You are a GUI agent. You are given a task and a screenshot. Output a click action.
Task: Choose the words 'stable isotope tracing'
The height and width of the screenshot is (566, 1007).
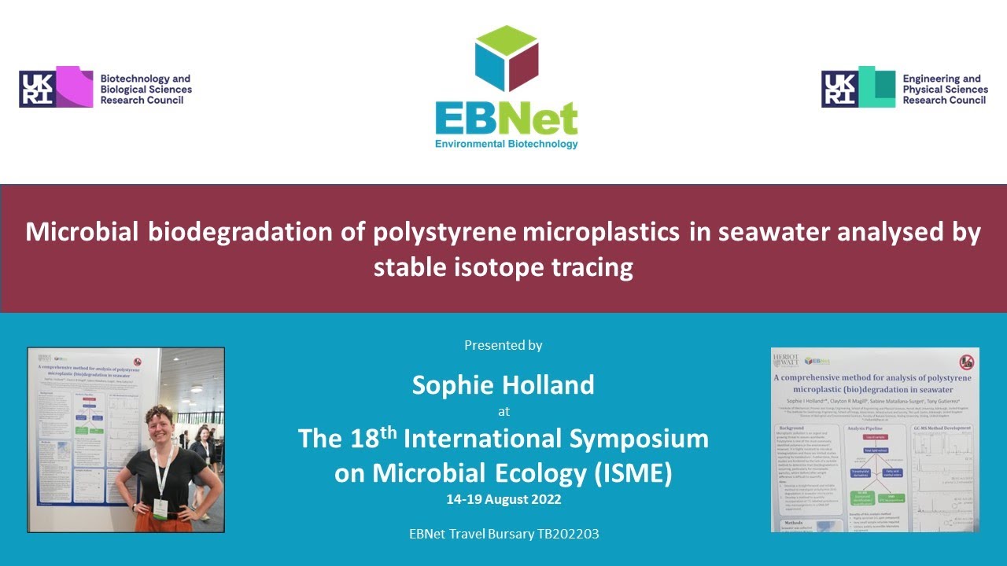coord(503,268)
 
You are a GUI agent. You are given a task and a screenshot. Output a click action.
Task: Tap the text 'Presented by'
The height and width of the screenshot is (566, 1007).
coord(503,345)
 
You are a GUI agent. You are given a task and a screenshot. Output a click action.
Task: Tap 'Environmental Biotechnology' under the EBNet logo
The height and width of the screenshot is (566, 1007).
coord(507,144)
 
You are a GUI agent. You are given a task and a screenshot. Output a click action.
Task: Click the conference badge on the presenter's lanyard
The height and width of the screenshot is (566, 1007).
coord(160,508)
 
